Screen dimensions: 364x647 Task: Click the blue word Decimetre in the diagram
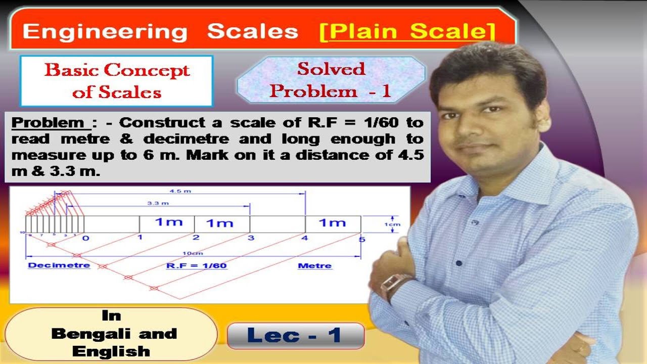(x=59, y=265)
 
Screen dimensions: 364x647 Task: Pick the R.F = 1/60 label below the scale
(x=197, y=265)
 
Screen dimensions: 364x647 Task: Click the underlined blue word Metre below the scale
(x=315, y=265)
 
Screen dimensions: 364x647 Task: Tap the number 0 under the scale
(x=85, y=238)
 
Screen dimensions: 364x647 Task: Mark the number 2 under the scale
(x=196, y=238)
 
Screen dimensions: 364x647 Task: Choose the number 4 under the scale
(x=304, y=238)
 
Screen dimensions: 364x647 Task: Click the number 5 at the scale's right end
(x=361, y=239)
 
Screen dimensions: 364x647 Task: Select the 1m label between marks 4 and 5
(x=332, y=223)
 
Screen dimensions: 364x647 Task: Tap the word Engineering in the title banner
(x=105, y=32)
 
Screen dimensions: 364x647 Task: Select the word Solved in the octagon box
(x=331, y=69)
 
